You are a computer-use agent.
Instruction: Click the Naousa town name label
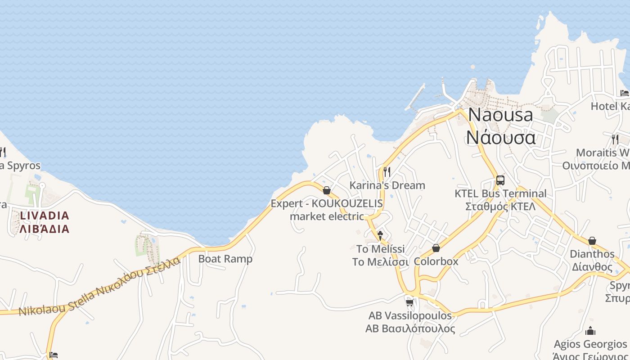[x=501, y=126]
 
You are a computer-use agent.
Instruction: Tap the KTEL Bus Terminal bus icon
[x=500, y=180]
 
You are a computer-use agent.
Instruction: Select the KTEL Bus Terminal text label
[x=500, y=200]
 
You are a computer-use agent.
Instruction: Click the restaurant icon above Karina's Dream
[x=387, y=171]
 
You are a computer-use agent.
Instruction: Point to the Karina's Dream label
[x=387, y=185]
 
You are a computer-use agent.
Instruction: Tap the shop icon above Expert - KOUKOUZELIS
[x=327, y=190]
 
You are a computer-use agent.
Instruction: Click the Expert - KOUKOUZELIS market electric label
[x=327, y=210]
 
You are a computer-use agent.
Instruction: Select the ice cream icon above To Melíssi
[x=380, y=235]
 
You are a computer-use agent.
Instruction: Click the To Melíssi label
[x=380, y=255]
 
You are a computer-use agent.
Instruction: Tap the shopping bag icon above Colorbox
[x=436, y=248]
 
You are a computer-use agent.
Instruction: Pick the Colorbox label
[x=436, y=261]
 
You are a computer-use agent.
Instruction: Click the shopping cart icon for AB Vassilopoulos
[x=409, y=302]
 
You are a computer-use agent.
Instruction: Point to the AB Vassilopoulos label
[x=410, y=322]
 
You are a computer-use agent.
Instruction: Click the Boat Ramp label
[x=225, y=259]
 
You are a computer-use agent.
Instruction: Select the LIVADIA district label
[x=45, y=222]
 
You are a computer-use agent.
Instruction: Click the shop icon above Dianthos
[x=592, y=241]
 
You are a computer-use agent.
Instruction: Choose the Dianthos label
[x=592, y=260]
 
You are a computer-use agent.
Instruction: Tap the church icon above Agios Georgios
[x=590, y=332]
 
